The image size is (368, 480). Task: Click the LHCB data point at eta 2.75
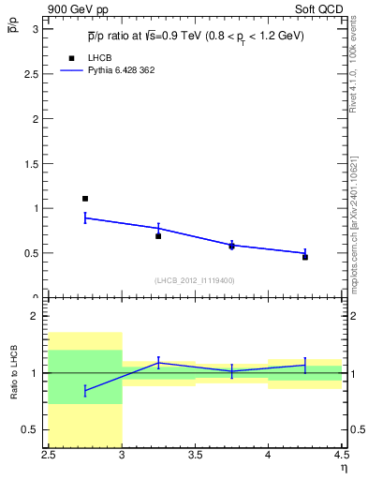click(85, 199)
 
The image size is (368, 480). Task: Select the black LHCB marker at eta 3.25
click(158, 236)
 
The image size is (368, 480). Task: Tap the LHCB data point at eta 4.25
click(305, 257)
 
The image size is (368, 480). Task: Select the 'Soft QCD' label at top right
click(320, 7)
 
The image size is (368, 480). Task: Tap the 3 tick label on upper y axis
click(35, 29)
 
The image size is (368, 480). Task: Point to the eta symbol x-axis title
click(343, 468)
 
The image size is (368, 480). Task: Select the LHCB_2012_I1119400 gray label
click(194, 280)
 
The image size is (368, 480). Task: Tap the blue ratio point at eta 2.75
click(85, 390)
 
